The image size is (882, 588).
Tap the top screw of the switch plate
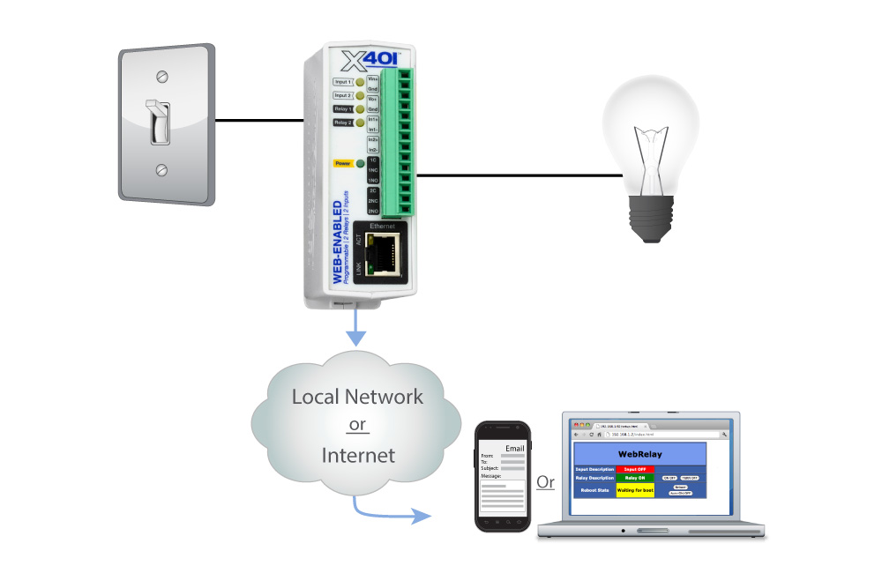(161, 76)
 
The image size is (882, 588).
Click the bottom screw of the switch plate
(161, 169)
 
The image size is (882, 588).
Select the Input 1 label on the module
(343, 82)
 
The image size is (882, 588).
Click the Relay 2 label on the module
(343, 123)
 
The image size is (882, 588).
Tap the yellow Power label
(343, 163)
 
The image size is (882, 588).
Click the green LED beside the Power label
(361, 163)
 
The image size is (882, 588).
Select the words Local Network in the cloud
(357, 397)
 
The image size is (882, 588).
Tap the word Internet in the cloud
(357, 455)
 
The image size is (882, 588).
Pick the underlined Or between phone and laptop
(546, 482)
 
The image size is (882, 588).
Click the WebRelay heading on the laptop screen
(639, 454)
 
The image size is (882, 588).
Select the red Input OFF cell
(635, 469)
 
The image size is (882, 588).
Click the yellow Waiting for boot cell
(635, 489)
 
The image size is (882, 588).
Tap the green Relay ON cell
(635, 478)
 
